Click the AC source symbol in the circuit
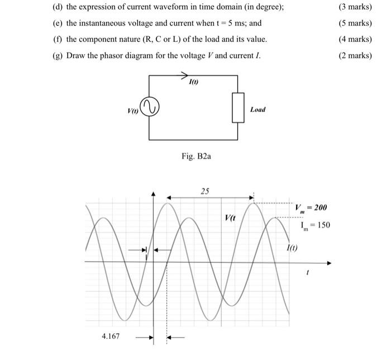pyautogui.click(x=150, y=107)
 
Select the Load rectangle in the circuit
pyautogui.click(x=238, y=107)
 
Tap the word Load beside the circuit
pyautogui.click(x=258, y=110)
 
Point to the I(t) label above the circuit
pyautogui.click(x=194, y=83)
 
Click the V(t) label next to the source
pyautogui.click(x=133, y=110)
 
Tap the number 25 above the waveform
pyautogui.click(x=205, y=191)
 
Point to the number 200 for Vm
pyautogui.click(x=320, y=207)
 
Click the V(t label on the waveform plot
pyautogui.click(x=230, y=218)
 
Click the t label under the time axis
pyautogui.click(x=307, y=273)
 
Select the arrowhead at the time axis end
pyautogui.click(x=328, y=262)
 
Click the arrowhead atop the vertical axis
pyautogui.click(x=154, y=194)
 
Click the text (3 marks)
pyautogui.click(x=355, y=7)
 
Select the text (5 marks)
pyautogui.click(x=355, y=23)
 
